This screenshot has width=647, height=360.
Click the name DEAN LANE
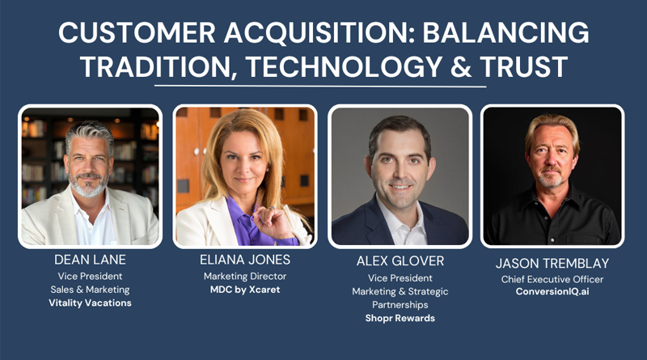pyautogui.click(x=90, y=260)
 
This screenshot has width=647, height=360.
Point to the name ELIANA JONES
pyautogui.click(x=243, y=260)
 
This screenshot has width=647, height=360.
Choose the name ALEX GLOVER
pyautogui.click(x=399, y=261)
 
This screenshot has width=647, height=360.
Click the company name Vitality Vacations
pyautogui.click(x=90, y=302)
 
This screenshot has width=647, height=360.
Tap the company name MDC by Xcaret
pyautogui.click(x=243, y=289)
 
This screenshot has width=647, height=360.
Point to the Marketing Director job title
pyautogui.click(x=243, y=276)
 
